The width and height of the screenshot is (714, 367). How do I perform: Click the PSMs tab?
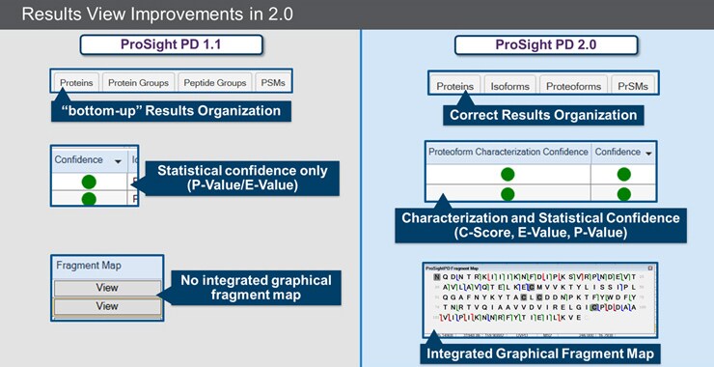coord(273,83)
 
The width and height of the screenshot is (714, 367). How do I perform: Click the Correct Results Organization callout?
coord(543,115)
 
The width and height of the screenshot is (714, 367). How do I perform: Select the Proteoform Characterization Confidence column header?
coord(507,153)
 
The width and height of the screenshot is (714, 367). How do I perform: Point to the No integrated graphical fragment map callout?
coord(255,287)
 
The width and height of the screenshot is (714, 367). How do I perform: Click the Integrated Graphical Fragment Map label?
coord(541,353)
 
